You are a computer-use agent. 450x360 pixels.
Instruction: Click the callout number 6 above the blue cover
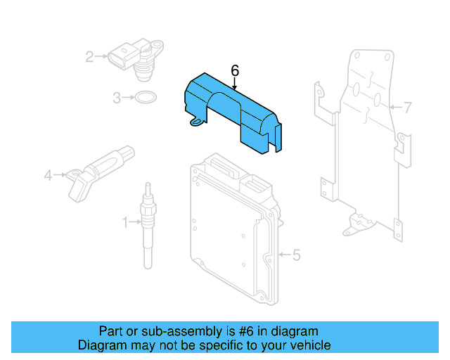(x=235, y=70)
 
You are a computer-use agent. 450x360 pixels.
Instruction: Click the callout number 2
(x=90, y=57)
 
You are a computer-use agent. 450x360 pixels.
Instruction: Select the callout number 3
(x=117, y=98)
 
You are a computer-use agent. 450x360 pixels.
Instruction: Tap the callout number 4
(x=49, y=175)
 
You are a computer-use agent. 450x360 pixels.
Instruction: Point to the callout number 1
(x=126, y=223)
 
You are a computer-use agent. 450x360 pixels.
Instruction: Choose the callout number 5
(x=296, y=255)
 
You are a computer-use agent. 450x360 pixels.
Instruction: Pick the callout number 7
(x=407, y=108)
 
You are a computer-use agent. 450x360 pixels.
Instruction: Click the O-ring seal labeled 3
(x=146, y=98)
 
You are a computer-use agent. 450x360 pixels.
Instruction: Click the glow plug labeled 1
(x=148, y=225)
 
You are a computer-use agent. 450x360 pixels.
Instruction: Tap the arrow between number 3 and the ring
(x=129, y=98)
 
